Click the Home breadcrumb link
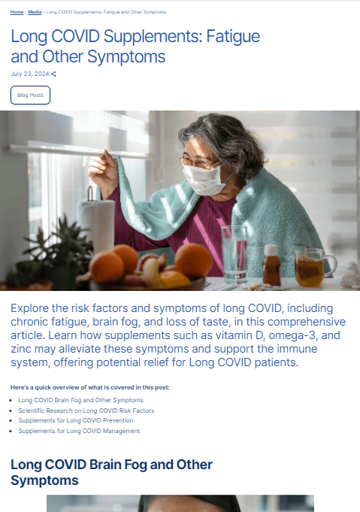[x=17, y=12]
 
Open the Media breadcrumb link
[x=35, y=12]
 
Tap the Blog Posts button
[x=30, y=95]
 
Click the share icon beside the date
[x=53, y=74]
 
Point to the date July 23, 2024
[x=30, y=74]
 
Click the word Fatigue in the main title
[x=234, y=37]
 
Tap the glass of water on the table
[x=234, y=254]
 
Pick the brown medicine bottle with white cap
[x=271, y=265]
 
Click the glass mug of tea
[x=314, y=268]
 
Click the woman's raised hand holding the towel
[x=102, y=173]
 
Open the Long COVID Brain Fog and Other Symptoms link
[x=80, y=400]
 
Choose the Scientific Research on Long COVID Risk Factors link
[x=86, y=411]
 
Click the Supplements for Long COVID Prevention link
[x=76, y=420]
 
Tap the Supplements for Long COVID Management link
[x=79, y=431]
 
